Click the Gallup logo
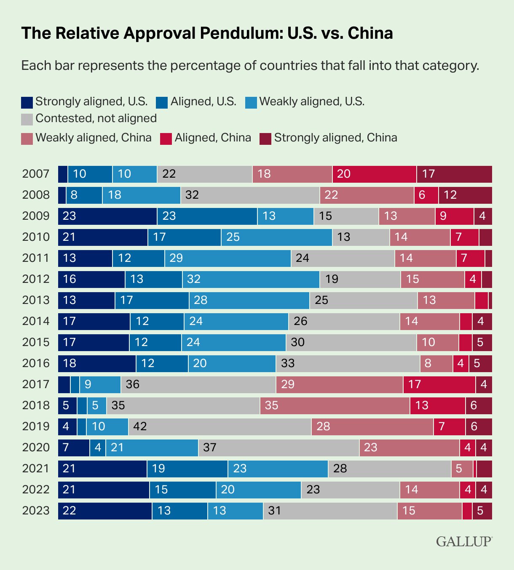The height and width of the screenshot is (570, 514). tap(463, 541)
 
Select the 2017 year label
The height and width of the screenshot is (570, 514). tap(36, 384)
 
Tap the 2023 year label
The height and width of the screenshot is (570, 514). tap(36, 511)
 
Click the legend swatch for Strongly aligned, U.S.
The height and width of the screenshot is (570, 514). tap(27, 102)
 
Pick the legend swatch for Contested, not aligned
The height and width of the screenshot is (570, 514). tap(27, 119)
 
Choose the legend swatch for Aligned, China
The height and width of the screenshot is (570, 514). tap(166, 139)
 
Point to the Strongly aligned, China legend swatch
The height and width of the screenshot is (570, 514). tap(265, 139)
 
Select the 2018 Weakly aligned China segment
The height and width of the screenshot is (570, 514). tap(335, 405)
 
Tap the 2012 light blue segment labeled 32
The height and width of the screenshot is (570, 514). tap(251, 279)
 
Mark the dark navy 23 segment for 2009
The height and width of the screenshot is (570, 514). tap(107, 216)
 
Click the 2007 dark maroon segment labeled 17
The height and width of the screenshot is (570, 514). tap(455, 174)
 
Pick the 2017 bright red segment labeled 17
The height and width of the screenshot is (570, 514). tap(439, 384)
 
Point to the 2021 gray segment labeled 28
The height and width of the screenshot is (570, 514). tap(390, 469)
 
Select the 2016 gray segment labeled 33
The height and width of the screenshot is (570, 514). tap(348, 363)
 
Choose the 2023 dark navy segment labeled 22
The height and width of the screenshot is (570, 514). tap(105, 511)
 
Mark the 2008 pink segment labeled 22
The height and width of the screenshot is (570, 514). tap(367, 195)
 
